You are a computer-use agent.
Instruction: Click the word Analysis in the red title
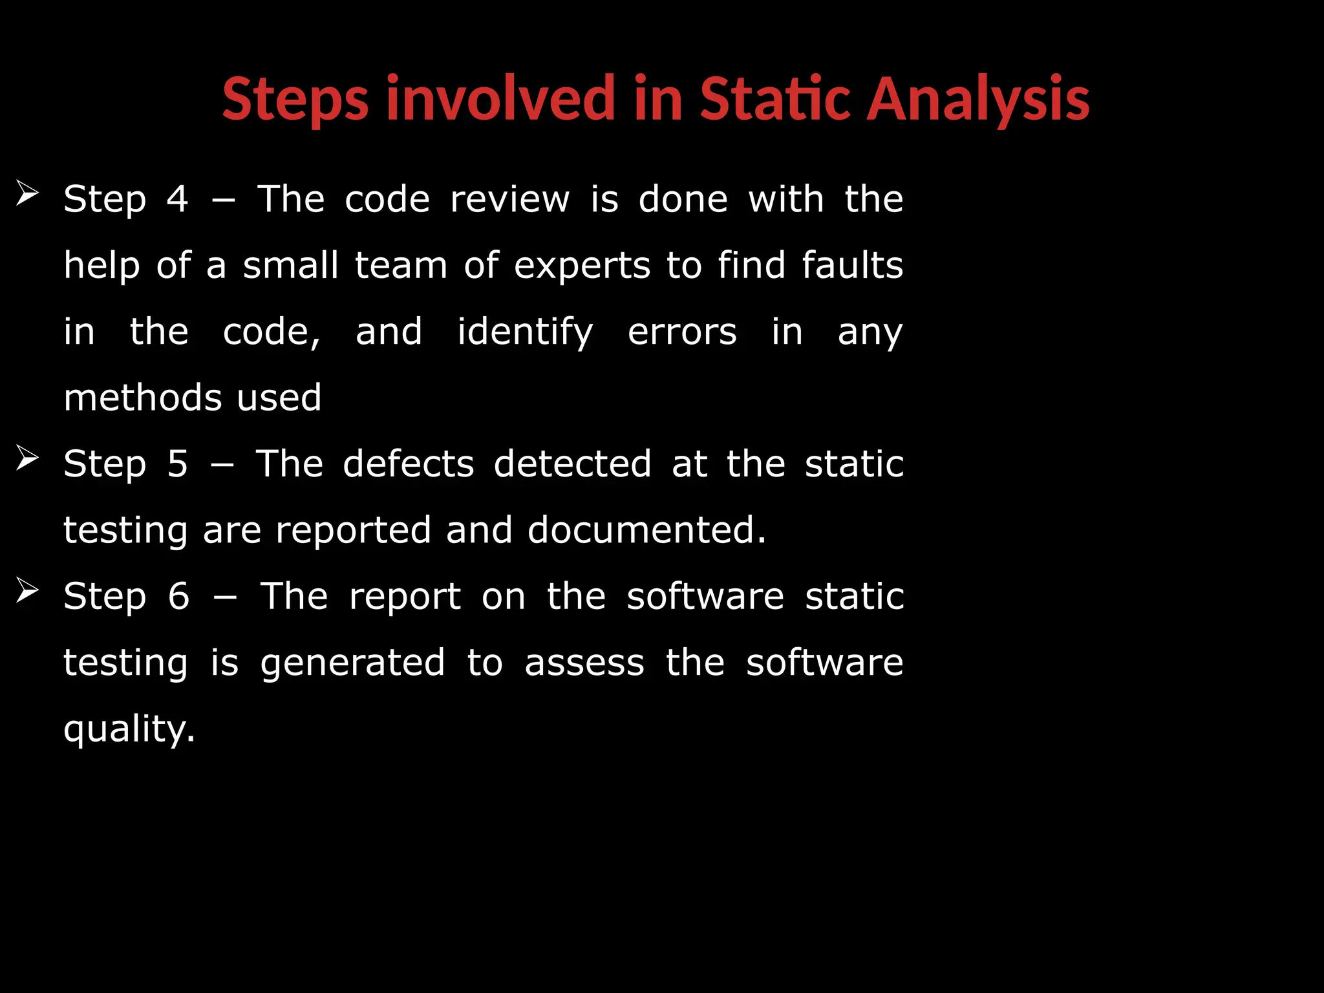coord(977,100)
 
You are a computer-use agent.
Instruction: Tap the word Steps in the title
coord(295,100)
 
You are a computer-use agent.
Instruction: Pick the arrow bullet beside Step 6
coord(28,590)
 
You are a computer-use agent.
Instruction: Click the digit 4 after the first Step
coord(177,198)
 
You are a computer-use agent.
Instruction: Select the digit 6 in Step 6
coord(178,596)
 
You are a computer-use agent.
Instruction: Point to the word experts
coord(582,266)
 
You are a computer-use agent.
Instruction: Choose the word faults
coord(852,265)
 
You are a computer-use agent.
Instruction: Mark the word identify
coord(525,332)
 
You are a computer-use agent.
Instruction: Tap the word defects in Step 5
coord(409,464)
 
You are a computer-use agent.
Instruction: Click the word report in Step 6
coord(405,597)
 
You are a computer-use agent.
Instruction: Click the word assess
coord(584,663)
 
